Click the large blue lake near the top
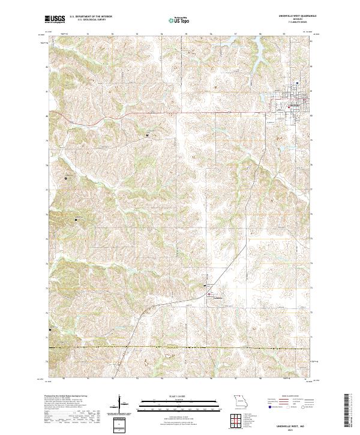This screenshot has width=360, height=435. click(258, 60)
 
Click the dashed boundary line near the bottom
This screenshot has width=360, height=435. click(180, 347)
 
